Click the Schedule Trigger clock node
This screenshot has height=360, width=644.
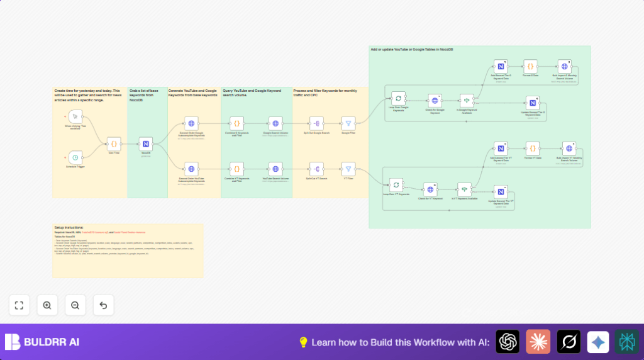click(75, 157)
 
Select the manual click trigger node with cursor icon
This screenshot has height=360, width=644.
click(75, 116)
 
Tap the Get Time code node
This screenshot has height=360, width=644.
click(114, 143)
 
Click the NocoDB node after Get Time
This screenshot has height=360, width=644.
click(146, 143)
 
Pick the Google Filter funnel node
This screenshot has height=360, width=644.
click(348, 123)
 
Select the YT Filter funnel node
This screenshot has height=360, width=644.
click(348, 169)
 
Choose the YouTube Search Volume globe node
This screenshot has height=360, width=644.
click(275, 169)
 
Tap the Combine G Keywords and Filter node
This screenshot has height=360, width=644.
click(237, 123)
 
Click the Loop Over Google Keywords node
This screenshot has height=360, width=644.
click(397, 98)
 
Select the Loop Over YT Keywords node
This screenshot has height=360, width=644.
click(396, 185)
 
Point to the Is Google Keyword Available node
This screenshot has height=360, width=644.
click(465, 101)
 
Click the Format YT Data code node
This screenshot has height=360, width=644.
click(533, 149)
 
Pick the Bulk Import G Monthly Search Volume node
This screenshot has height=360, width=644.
click(564, 66)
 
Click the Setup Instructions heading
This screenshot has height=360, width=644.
click(69, 227)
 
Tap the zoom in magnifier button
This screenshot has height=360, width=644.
click(47, 305)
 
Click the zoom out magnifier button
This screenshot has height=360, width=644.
click(75, 305)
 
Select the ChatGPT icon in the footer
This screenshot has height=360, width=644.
click(508, 342)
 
